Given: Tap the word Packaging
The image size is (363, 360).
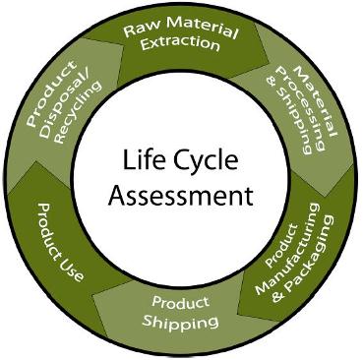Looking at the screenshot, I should pyautogui.click(x=316, y=264).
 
